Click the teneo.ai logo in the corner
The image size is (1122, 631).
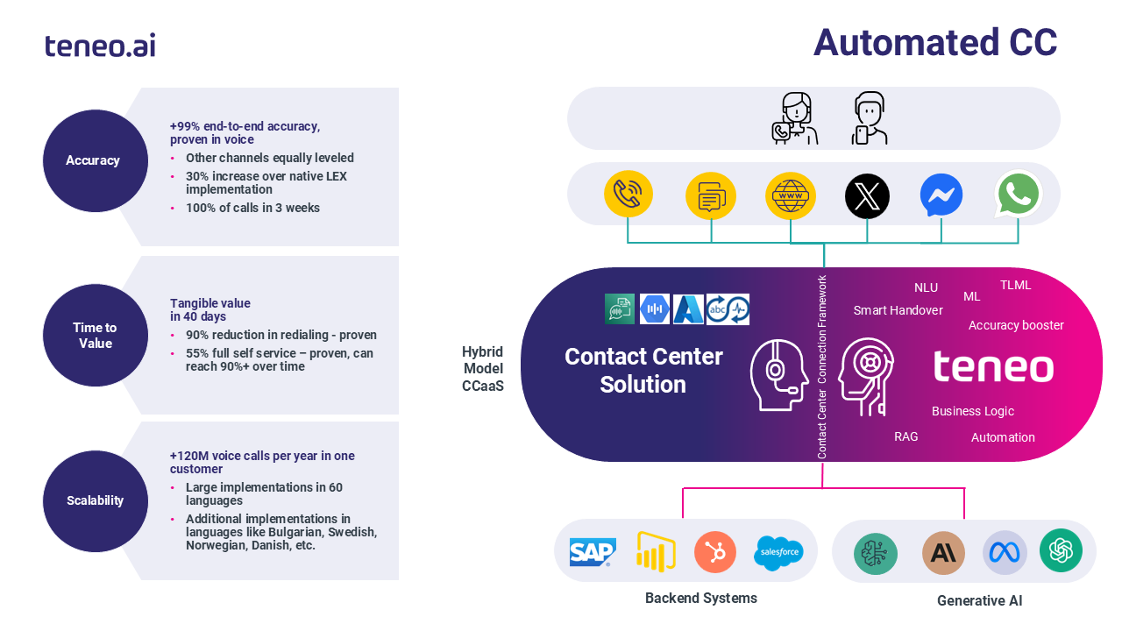point(100,45)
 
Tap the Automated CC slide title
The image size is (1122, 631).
point(935,43)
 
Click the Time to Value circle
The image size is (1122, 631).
point(95,336)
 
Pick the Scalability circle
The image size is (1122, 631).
point(95,500)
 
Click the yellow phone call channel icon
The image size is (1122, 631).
point(628,195)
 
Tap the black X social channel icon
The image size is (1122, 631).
point(867,195)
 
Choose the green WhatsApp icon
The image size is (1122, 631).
point(1019,195)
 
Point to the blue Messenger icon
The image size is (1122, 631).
point(941,195)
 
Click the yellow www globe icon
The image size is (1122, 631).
point(790,195)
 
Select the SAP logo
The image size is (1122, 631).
point(593,552)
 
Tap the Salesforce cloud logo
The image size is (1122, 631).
point(778,552)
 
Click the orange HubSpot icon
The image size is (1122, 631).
point(715,552)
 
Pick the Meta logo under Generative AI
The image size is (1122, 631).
point(1004,552)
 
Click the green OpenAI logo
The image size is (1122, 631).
point(1061,550)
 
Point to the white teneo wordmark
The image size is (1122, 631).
point(992,366)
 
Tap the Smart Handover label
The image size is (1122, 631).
point(898,310)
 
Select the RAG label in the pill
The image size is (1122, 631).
point(905,436)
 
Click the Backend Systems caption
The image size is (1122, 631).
point(700,599)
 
